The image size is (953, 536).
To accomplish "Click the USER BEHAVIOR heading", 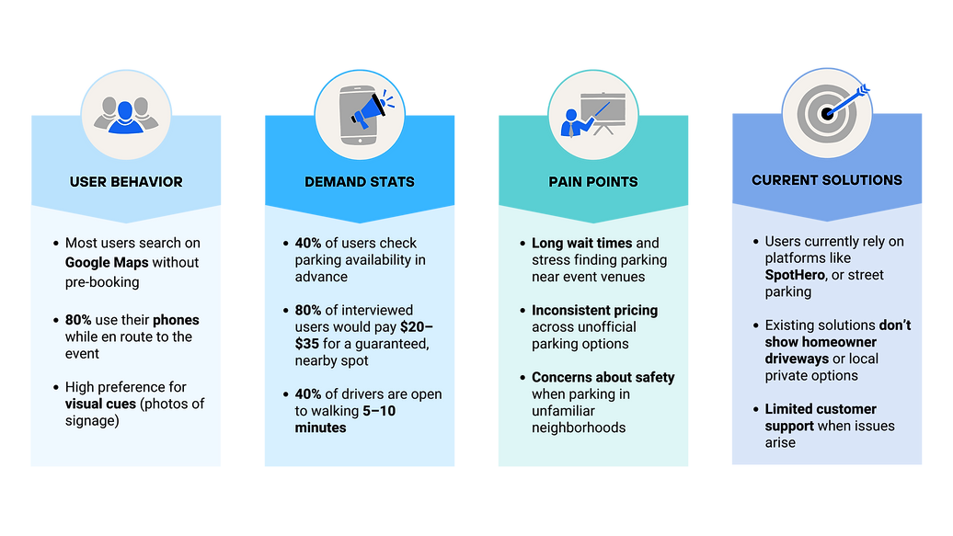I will (126, 182).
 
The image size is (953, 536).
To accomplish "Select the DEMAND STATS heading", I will (360, 182).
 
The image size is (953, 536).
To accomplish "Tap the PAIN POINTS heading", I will (593, 182).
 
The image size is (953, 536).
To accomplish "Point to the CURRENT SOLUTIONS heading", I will (827, 180).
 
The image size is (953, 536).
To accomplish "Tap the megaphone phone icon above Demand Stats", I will (360, 113).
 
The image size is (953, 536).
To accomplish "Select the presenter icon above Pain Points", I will (593, 113).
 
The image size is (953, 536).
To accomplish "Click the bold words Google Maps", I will (107, 262).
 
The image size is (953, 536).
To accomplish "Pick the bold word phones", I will (175, 320).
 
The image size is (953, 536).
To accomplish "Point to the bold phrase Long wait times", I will (581, 244).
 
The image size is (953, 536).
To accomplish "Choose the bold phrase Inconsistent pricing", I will (594, 310).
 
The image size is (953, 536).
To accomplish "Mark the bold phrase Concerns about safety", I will (603, 377).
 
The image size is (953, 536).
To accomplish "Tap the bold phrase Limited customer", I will (821, 409).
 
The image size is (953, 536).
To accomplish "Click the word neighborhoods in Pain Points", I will (579, 428).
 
